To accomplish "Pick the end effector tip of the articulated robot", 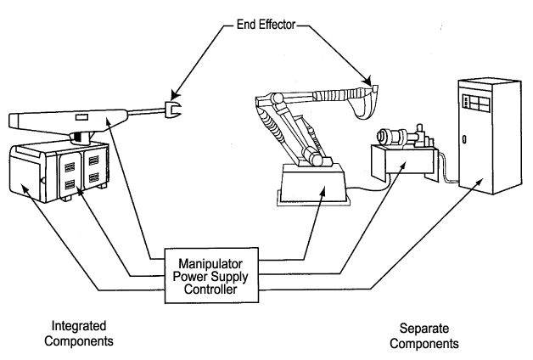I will [x=374, y=87].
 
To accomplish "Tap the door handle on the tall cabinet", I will [x=463, y=138].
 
